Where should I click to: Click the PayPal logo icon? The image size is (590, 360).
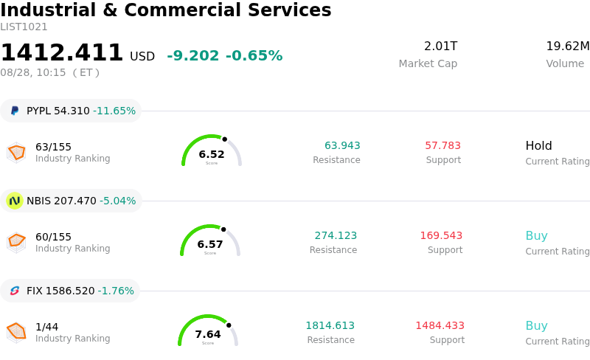coord(15,111)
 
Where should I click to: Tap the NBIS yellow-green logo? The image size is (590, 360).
coord(15,201)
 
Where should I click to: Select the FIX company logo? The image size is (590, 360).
coord(15,291)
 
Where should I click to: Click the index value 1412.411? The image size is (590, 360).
coord(62,52)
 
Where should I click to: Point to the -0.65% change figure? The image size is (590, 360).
coord(254,55)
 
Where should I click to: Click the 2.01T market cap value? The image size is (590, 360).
coord(440,46)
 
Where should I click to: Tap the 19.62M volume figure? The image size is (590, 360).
coord(568,46)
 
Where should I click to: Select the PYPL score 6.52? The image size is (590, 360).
coord(212,154)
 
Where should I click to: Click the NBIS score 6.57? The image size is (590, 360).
coord(210,244)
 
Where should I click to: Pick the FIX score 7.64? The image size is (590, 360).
coord(208,334)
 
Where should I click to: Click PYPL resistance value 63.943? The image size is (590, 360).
coord(342,145)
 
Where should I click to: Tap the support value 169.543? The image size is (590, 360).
coord(441,235)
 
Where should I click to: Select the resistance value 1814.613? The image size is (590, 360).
coord(330,325)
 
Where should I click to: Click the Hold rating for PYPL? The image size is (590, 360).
coord(538,146)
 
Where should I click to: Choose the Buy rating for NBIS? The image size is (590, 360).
coord(537,236)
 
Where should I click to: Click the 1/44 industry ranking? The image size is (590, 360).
coord(46,327)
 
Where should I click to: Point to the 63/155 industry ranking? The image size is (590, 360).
coord(53,147)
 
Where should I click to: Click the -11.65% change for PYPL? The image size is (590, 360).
coord(114,111)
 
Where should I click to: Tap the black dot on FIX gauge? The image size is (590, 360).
coord(229,325)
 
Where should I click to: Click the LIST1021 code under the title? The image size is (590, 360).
coord(24,27)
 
